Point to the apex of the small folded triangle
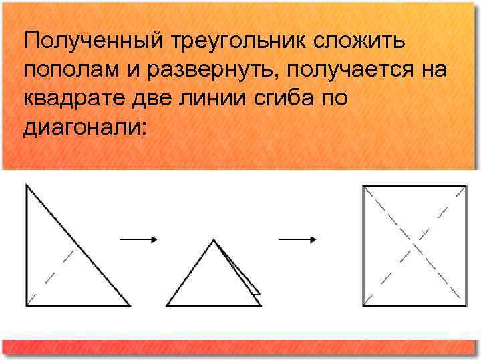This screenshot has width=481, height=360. [214, 240]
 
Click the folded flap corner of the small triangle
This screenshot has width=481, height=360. [258, 293]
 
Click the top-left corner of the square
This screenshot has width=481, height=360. [363, 185]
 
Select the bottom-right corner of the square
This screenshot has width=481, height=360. [466, 305]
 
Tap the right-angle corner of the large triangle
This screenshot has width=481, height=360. [26, 305]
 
